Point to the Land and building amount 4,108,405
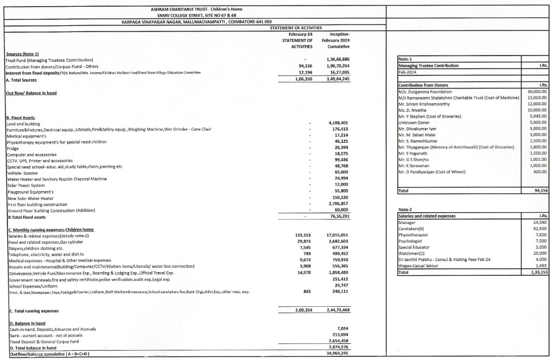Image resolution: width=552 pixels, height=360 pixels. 339,122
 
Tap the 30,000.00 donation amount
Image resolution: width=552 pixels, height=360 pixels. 535,90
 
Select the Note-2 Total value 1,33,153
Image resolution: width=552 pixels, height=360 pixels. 535,289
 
